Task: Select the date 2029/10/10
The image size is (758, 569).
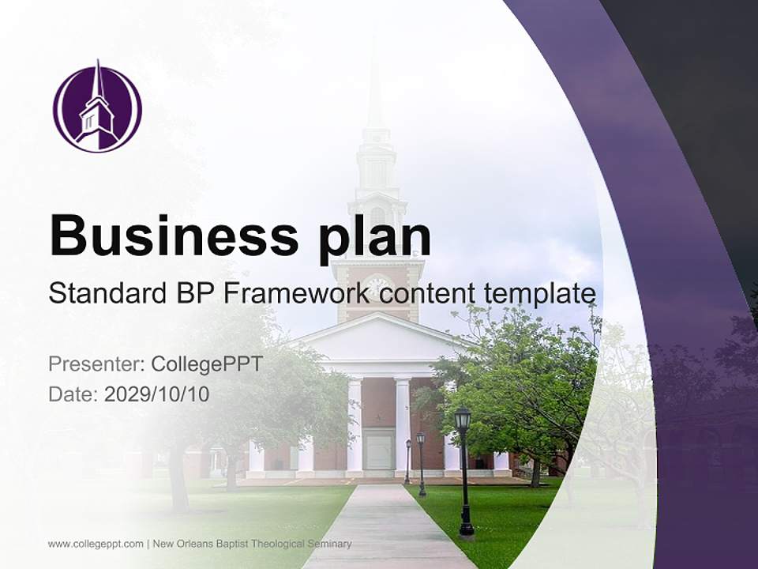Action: pyautogui.click(x=157, y=394)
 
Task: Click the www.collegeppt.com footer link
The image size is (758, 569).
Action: pyautogui.click(x=96, y=544)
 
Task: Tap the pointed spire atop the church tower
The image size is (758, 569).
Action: pyautogui.click(x=374, y=87)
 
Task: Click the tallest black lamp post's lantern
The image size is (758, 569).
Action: pyautogui.click(x=463, y=418)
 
